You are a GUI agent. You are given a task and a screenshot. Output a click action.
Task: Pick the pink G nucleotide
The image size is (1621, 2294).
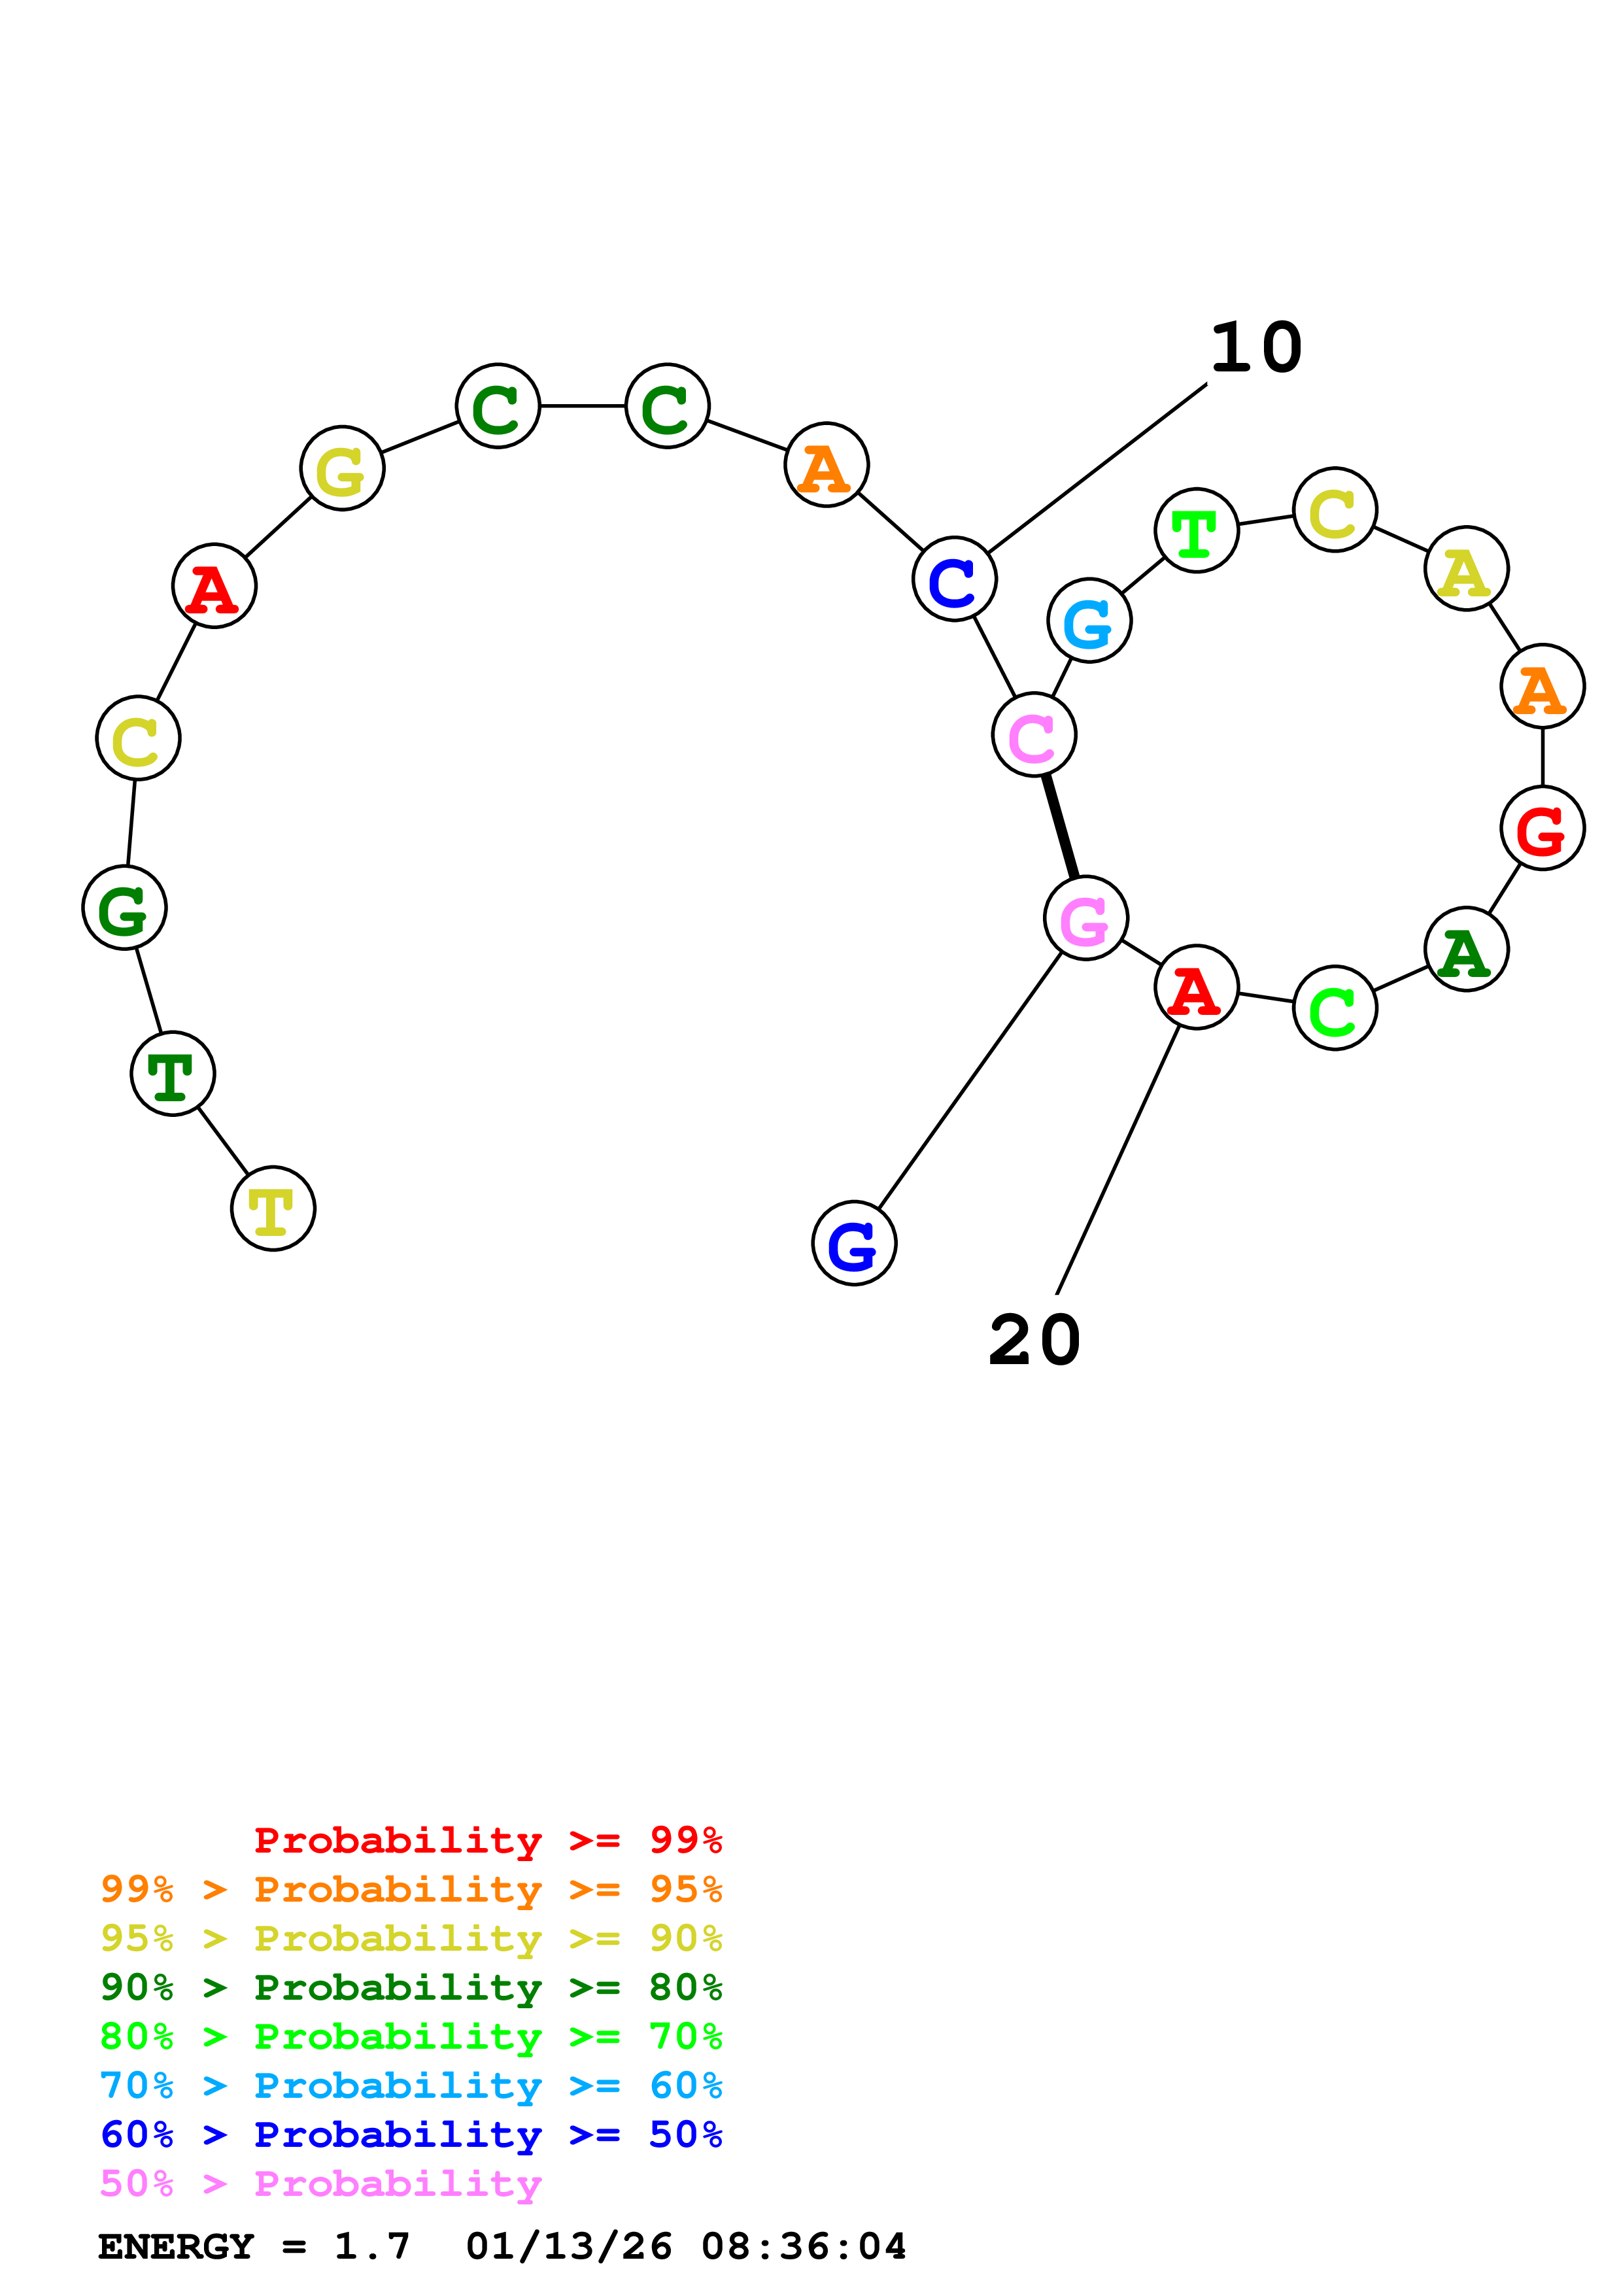click(1085, 917)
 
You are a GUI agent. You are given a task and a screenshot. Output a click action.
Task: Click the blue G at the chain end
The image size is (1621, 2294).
click(854, 1243)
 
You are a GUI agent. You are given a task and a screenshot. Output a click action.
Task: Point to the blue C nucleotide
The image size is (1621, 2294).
click(954, 579)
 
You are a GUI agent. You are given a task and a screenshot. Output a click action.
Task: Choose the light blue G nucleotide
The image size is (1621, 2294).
click(1089, 621)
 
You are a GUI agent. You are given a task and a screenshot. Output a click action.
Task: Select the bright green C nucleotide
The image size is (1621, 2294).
click(1335, 1008)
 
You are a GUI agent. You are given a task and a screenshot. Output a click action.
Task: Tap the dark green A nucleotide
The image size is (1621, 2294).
click(1465, 949)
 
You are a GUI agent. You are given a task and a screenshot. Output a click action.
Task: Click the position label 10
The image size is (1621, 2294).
click(1255, 348)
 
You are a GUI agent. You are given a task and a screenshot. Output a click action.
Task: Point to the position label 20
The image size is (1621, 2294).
click(1034, 1340)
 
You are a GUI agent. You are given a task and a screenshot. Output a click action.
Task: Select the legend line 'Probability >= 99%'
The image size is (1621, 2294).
click(487, 1840)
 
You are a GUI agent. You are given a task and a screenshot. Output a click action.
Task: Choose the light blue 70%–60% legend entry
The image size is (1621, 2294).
click(411, 2085)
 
